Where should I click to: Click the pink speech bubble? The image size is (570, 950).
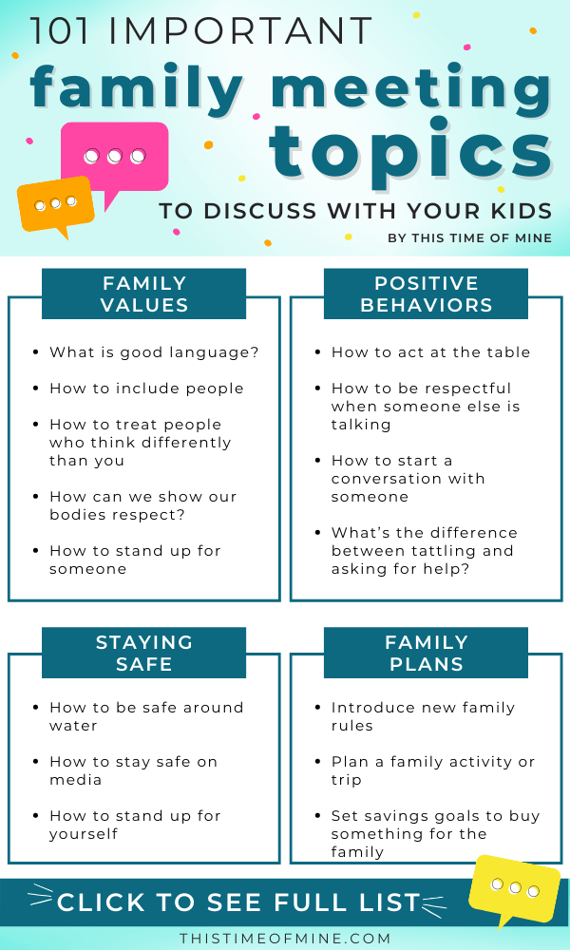tap(115, 158)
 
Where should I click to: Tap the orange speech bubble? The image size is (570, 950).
tap(55, 205)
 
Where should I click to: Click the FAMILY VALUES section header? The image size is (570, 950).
tap(143, 294)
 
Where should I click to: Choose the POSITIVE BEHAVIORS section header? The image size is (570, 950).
tap(426, 294)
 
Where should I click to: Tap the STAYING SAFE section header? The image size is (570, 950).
tap(143, 653)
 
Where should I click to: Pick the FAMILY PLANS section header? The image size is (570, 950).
tap(426, 653)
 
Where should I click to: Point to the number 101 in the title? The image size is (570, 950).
tap(59, 31)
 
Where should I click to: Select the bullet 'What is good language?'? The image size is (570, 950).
tap(154, 352)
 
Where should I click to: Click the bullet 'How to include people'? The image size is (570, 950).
tap(146, 389)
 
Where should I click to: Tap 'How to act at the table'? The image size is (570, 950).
tap(430, 352)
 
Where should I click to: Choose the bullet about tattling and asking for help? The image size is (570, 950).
tap(424, 551)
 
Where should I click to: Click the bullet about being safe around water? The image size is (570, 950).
tap(146, 716)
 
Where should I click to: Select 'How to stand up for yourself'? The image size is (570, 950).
tap(135, 825)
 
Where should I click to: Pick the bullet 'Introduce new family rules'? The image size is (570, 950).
tap(422, 716)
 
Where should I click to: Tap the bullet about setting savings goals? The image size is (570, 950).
tap(435, 834)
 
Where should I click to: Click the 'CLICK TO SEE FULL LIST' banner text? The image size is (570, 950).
tap(238, 902)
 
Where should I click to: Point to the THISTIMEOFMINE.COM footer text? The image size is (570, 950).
tap(285, 939)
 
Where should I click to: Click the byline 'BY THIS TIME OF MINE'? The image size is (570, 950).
tap(470, 238)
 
